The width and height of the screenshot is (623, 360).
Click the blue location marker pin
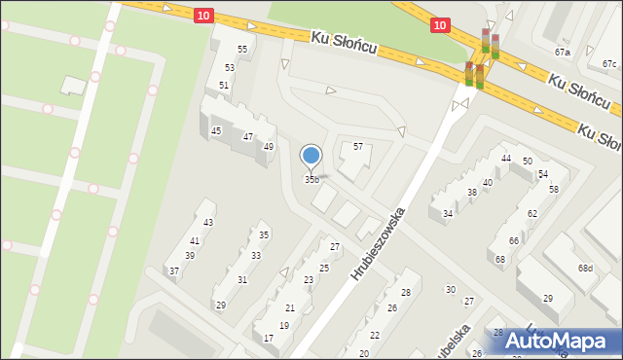pos(311,156)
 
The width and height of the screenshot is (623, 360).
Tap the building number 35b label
pos(311,180)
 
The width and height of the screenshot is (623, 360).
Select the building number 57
pos(358,147)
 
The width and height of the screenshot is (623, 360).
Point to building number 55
pos(242,50)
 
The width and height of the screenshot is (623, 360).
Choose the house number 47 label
pos(248,137)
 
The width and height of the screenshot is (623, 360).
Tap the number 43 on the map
pos(207,224)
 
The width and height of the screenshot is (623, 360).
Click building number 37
pos(174,271)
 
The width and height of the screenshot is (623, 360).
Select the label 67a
pos(563,52)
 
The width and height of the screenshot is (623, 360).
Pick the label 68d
pos(585,269)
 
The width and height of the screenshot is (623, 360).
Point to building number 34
pos(448,214)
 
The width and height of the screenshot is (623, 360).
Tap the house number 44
pos(506,159)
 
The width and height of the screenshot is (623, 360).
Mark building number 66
pos(513,241)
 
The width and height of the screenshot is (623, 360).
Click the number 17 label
pos(269,339)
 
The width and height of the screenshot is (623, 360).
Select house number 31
pos(242,280)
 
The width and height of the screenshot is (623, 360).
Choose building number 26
pos(392,308)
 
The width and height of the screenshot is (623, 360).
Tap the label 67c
pos(609,64)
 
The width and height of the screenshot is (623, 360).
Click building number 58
pos(553,190)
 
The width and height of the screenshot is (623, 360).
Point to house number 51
pos(224,86)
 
